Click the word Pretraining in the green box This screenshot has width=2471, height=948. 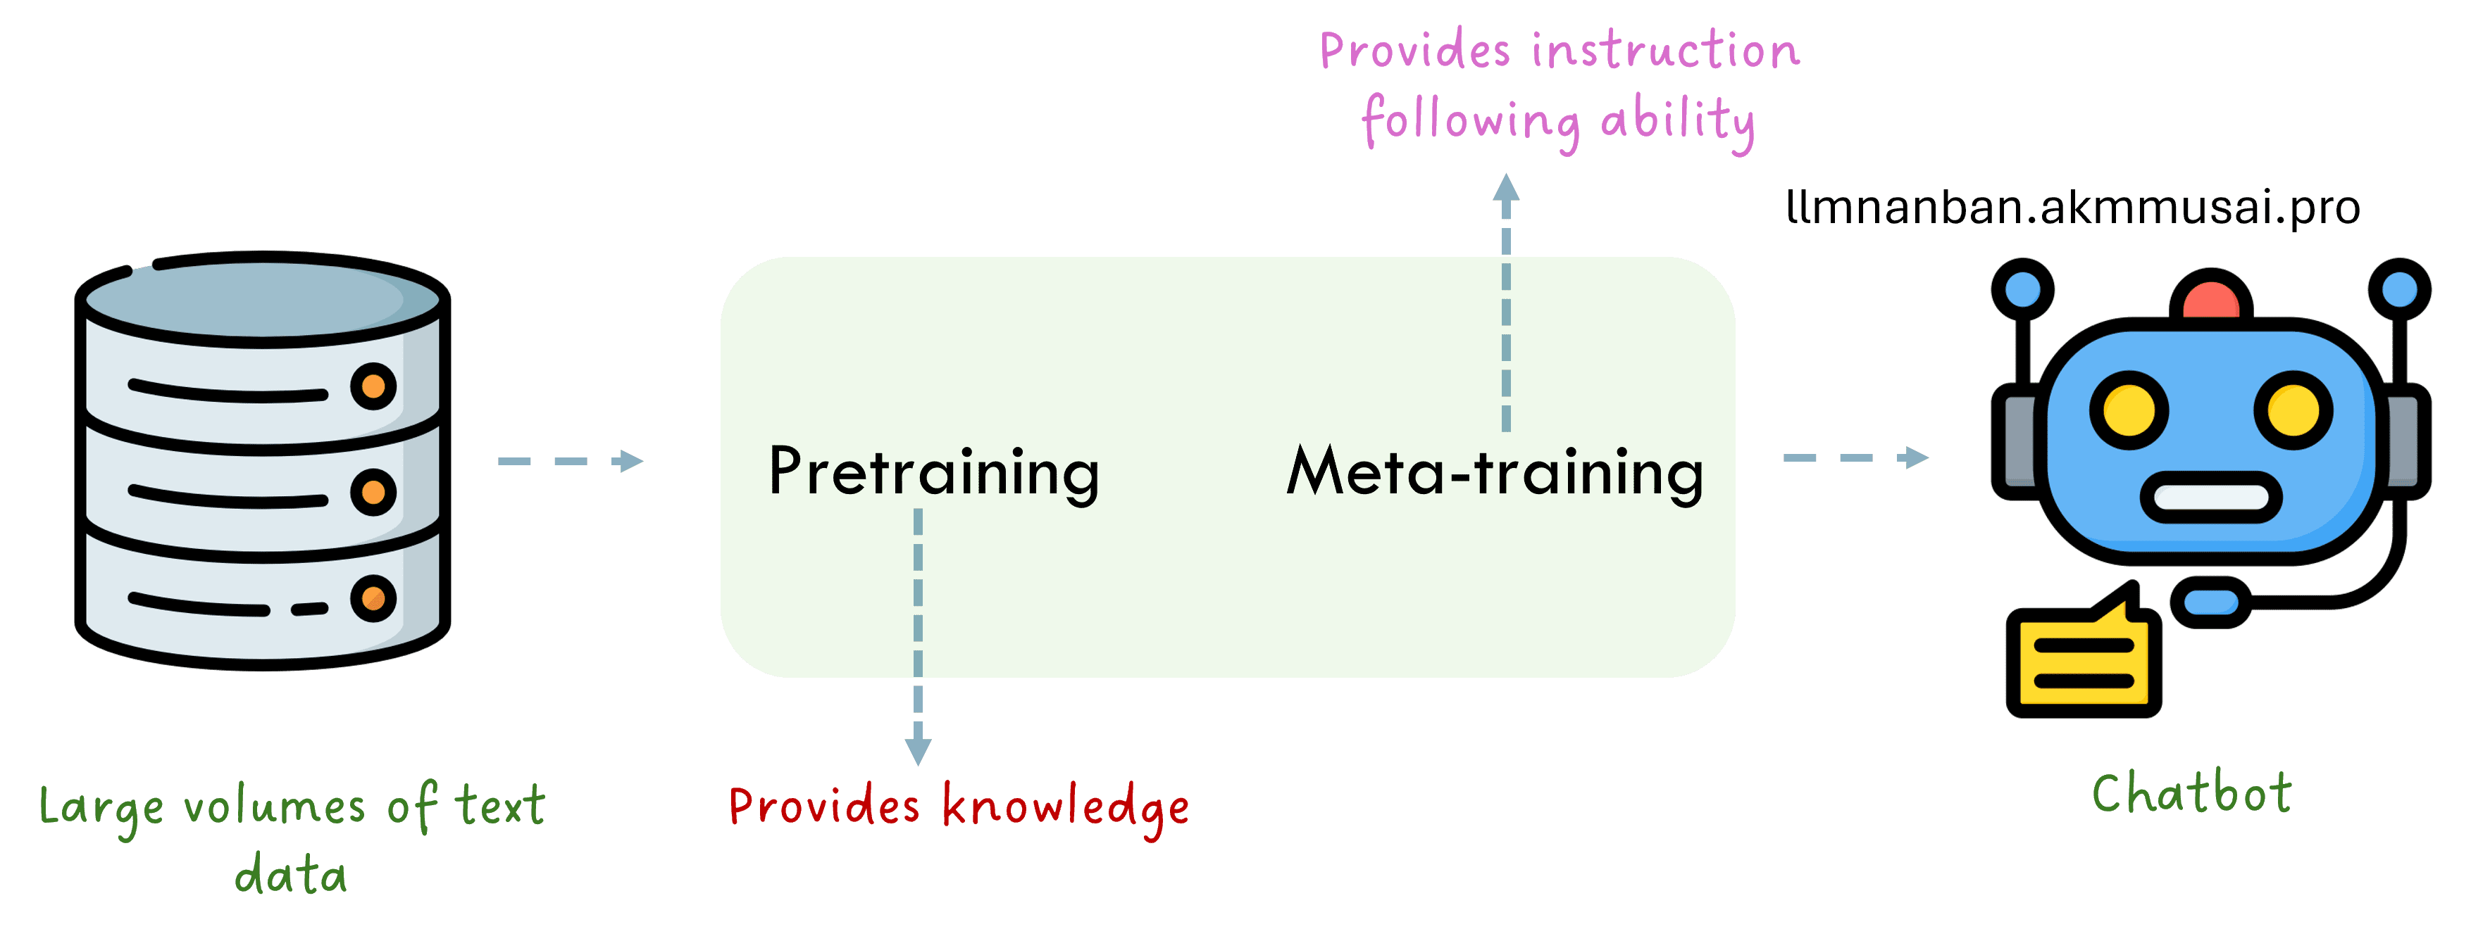(933, 472)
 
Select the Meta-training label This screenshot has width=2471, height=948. (1495, 472)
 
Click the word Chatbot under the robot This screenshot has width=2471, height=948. (2192, 795)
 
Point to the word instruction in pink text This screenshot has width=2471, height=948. (1665, 50)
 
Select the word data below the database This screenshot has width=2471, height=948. (291, 875)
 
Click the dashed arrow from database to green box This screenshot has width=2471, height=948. (570, 461)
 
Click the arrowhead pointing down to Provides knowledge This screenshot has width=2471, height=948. (918, 750)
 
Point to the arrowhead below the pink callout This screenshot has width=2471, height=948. (1506, 188)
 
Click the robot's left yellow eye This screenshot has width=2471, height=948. (2129, 410)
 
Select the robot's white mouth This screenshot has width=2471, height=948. (2211, 498)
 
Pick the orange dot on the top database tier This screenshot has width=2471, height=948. (373, 386)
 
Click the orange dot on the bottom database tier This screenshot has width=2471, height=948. (373, 599)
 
